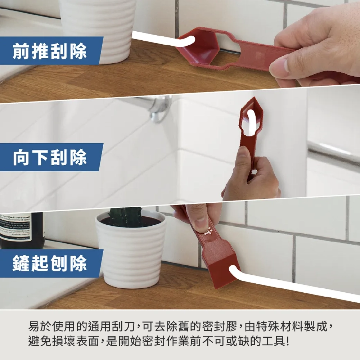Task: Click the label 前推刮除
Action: click(50, 51)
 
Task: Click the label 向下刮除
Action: click(50, 157)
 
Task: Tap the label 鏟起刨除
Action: click(50, 263)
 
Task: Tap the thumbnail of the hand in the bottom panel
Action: click(200, 220)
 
